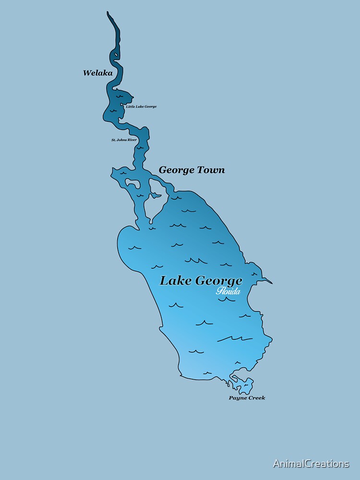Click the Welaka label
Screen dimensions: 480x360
click(x=97, y=73)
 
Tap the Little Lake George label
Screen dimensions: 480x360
click(x=141, y=107)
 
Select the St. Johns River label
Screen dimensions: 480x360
click(x=124, y=140)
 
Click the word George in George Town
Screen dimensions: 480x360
click(x=177, y=170)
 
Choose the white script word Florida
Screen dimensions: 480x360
click(x=228, y=291)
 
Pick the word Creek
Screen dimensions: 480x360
click(x=257, y=398)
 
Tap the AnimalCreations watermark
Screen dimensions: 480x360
click(x=311, y=464)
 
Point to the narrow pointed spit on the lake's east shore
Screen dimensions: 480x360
click(x=267, y=280)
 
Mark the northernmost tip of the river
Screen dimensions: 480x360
click(x=108, y=13)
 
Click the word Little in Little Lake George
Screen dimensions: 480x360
click(x=131, y=107)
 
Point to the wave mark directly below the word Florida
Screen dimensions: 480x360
click(x=227, y=300)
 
